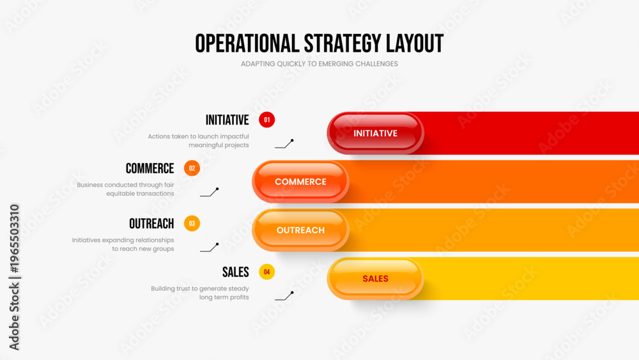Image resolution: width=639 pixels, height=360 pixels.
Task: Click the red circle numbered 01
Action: tap(266, 120)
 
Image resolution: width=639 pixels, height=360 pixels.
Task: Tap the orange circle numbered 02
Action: tap(192, 168)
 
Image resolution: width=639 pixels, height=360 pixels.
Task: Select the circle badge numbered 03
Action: tap(192, 223)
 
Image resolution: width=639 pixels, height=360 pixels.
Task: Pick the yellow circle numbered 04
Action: tap(266, 272)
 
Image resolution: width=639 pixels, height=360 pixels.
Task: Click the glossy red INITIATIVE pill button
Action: tap(375, 133)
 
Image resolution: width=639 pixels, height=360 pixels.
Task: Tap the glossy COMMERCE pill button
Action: tap(300, 182)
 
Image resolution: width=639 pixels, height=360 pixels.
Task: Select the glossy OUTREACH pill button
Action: tap(300, 230)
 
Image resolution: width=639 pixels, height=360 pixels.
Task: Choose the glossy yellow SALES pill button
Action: tap(375, 279)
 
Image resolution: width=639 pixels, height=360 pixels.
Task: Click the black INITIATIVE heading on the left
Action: tap(227, 120)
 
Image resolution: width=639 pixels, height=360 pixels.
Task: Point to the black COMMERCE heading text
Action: tap(150, 168)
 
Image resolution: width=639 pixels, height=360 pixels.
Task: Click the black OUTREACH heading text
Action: tap(151, 224)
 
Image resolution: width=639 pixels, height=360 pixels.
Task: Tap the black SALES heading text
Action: tap(236, 272)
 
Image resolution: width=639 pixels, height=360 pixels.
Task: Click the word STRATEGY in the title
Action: tap(343, 43)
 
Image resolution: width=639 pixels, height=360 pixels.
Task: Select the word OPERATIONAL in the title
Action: tap(247, 43)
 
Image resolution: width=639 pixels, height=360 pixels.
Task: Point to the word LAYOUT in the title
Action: tap(415, 43)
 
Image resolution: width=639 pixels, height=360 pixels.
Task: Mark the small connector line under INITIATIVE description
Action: tap(284, 144)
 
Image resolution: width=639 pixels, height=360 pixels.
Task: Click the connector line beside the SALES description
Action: tap(284, 296)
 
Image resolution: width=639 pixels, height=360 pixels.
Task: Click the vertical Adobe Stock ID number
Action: tap(14, 239)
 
